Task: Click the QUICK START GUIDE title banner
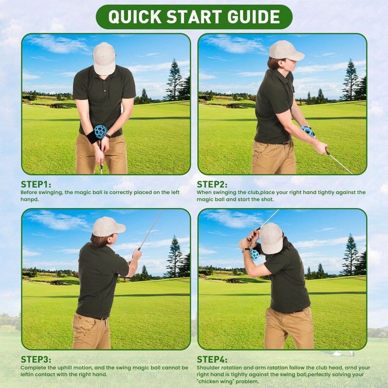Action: (x=194, y=16)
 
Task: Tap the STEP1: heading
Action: (x=36, y=185)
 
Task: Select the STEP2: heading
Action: (x=212, y=185)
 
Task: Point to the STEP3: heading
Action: (x=36, y=359)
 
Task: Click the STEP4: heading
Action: (x=212, y=359)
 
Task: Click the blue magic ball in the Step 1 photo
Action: (x=100, y=131)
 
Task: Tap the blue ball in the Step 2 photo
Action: (x=307, y=131)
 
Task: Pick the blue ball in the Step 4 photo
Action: (x=255, y=254)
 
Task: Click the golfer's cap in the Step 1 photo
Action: (x=104, y=57)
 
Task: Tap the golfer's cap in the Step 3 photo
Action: (x=108, y=226)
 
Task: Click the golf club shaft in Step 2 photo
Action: (x=339, y=162)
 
